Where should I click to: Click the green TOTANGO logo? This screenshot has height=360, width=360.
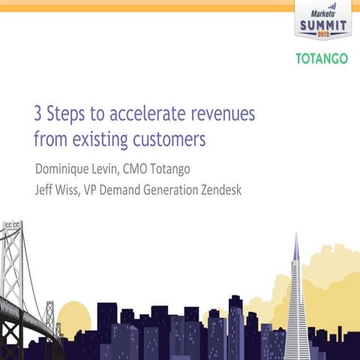(x=321, y=59)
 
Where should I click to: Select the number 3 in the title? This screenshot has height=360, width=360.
(x=39, y=115)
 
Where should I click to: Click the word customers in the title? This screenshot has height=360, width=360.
(x=169, y=139)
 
